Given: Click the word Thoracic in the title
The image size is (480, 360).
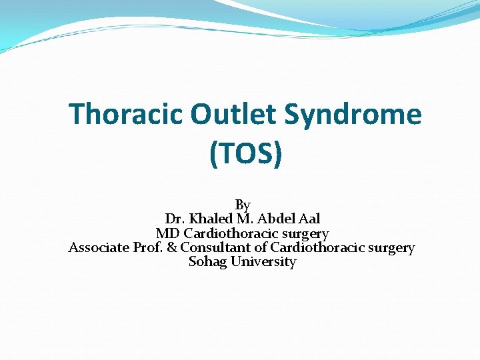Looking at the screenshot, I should (x=126, y=114).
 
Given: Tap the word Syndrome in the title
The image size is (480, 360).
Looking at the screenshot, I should (x=353, y=115).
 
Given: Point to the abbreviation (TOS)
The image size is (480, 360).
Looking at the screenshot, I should (x=245, y=153).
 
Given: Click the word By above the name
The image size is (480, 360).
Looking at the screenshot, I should (x=243, y=205).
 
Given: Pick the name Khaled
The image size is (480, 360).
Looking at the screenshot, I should (x=209, y=219).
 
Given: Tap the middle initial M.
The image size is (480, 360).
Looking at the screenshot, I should (x=242, y=219).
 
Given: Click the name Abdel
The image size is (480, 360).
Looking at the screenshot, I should (x=274, y=219).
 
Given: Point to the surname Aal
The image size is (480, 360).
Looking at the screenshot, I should (x=309, y=219).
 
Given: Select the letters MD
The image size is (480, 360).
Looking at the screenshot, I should (x=167, y=233).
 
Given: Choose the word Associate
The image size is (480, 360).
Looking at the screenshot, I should (x=99, y=248).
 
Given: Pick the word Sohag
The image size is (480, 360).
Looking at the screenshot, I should (x=207, y=262).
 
